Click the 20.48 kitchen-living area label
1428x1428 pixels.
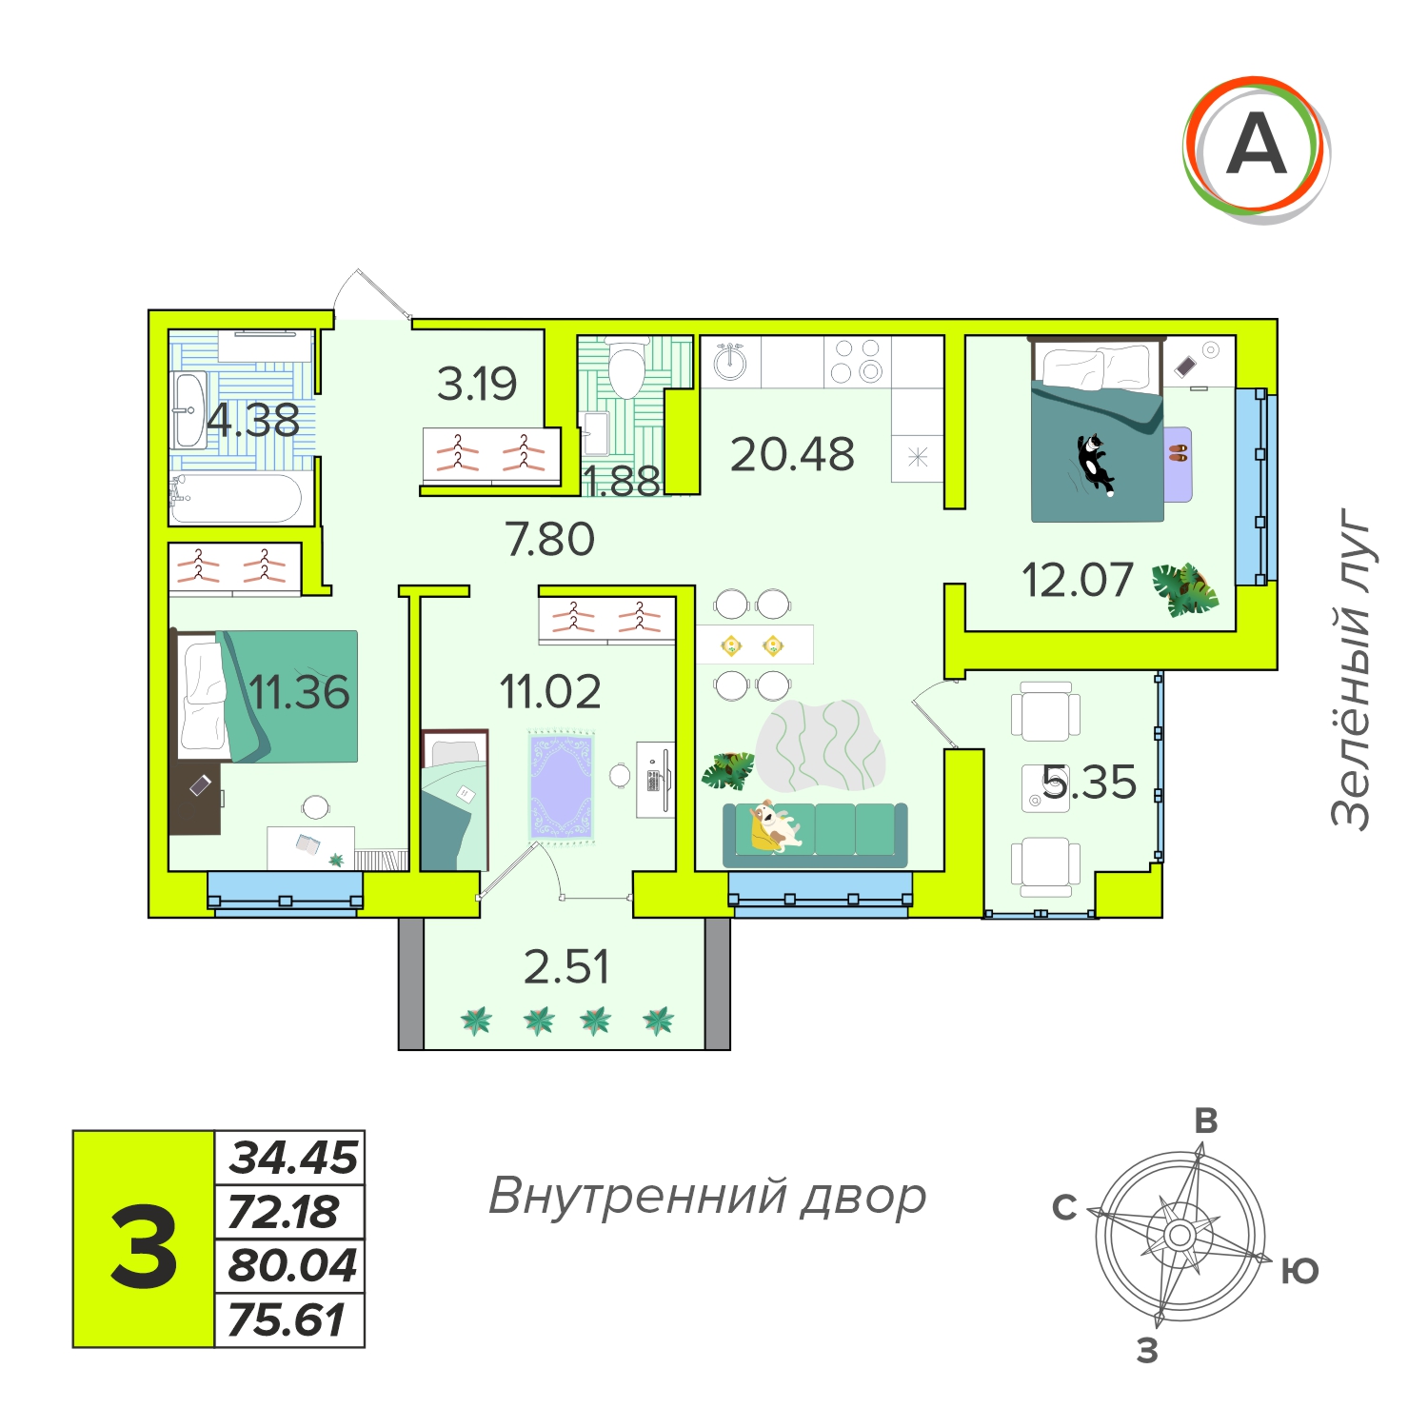pos(792,454)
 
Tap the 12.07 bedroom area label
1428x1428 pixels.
pos(1077,580)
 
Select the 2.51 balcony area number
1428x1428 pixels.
pos(566,967)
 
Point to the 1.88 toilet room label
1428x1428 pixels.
pos(622,482)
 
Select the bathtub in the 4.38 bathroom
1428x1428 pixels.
pos(236,498)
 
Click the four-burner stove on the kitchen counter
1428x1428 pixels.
pos(857,361)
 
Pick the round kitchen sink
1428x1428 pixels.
pos(730,361)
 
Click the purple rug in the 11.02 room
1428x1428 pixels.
pos(562,786)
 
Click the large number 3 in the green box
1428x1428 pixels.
pos(144,1246)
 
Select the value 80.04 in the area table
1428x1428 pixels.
pos(292,1265)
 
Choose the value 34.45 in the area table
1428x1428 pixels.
pos(294,1158)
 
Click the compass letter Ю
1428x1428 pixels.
pos(1299,1271)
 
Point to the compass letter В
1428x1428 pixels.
pos(1206,1121)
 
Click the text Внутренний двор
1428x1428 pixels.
pos(707,1197)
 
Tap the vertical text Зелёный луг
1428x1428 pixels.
pos(1352,668)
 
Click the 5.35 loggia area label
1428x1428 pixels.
pos(1089,783)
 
